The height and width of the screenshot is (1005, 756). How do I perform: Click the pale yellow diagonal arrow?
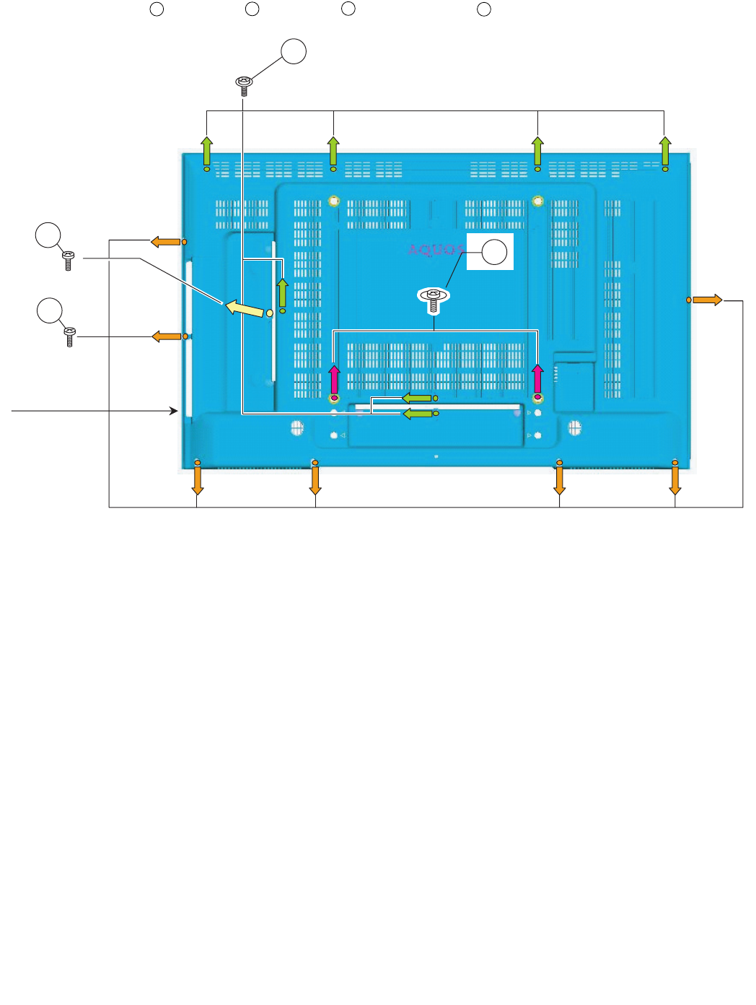point(245,308)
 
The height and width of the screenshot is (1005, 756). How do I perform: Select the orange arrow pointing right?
point(708,300)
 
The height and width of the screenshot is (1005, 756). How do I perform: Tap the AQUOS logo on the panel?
point(436,250)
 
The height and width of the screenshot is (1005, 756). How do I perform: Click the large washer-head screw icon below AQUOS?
point(434,297)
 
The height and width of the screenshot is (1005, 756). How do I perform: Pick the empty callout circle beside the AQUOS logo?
point(494,253)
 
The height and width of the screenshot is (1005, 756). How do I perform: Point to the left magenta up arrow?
point(334,379)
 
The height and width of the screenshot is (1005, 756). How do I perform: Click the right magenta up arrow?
point(537,379)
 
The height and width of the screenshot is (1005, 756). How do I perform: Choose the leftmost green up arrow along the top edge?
point(207,151)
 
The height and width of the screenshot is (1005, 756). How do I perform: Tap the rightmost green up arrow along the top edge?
point(665,151)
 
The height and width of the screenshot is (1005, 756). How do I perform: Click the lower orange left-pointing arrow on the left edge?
point(166,336)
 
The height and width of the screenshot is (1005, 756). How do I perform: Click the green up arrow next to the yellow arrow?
point(283,292)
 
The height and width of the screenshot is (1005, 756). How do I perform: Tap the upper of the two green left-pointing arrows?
point(417,398)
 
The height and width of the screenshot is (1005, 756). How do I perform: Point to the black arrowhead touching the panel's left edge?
point(174,411)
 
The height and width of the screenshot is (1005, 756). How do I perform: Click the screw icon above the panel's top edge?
point(244,85)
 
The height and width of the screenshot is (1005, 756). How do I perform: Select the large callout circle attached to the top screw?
point(294,52)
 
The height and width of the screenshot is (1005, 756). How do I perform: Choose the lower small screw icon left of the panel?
point(70,336)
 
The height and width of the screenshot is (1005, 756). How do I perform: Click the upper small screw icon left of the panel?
point(69,260)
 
